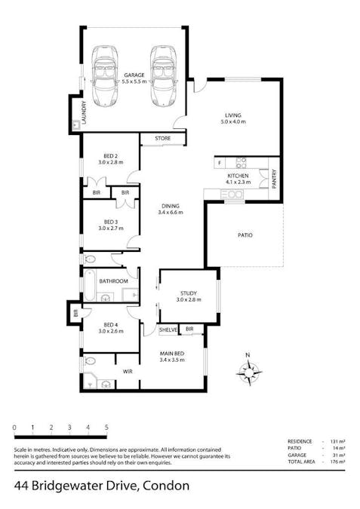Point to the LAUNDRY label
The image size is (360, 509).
[x=85, y=113]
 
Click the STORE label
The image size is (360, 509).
[x=162, y=139]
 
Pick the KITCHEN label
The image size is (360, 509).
[x=236, y=176]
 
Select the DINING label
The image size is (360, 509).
[x=171, y=206]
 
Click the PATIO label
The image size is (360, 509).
[x=245, y=235]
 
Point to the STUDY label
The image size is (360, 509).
[x=188, y=293]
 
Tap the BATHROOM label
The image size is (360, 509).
[x=114, y=281]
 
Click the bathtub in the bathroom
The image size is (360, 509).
[x=88, y=285]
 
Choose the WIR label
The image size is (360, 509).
[x=128, y=371]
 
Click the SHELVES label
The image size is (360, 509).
[x=168, y=330]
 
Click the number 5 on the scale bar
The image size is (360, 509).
[x=106, y=428]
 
